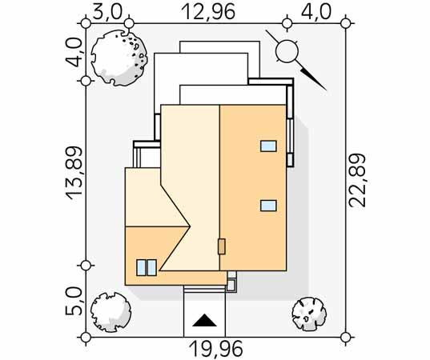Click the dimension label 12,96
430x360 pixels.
coord(208,12)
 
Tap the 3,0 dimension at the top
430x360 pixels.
coord(107,12)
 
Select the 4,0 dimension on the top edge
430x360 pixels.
coord(316,12)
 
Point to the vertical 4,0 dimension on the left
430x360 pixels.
coord(73,52)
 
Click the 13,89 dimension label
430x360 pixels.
coord(74,173)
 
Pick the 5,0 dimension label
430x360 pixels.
coord(73,301)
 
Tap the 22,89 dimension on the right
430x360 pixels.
coord(357,180)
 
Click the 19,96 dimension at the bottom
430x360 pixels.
coord(216,349)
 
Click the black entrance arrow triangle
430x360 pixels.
coord(204,320)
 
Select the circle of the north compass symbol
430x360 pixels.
coord(287,50)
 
